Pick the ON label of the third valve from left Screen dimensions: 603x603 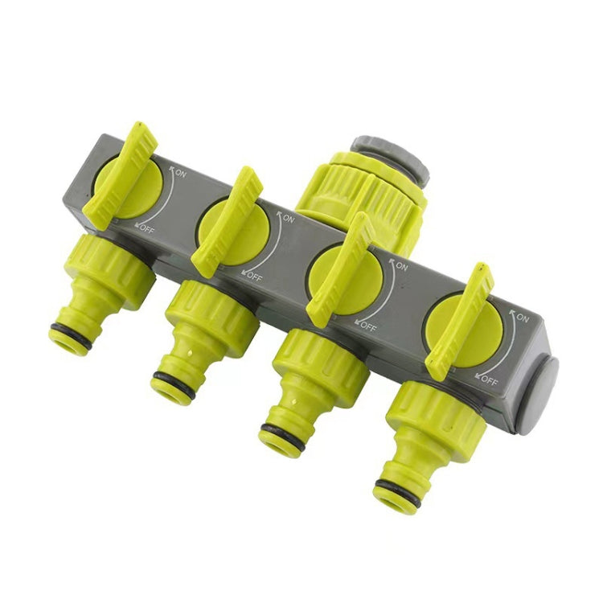(401, 266)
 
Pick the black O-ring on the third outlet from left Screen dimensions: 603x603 (282, 437)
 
